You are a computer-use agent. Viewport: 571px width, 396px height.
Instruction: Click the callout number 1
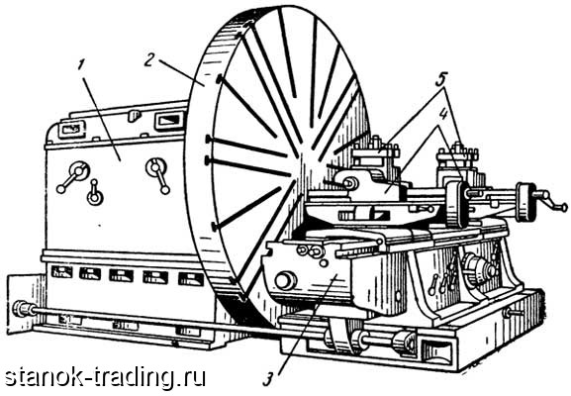81,65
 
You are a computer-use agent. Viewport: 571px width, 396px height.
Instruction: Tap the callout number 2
150,60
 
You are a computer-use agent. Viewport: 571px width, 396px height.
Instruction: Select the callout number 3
268,379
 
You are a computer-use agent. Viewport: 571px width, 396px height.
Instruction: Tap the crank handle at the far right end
550,202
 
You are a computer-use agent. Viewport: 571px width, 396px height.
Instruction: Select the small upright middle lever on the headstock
94,192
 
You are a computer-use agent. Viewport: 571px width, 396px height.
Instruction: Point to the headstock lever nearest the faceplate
159,175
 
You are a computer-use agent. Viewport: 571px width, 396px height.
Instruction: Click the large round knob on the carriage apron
285,281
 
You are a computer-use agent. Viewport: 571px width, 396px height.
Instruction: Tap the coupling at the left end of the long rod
24,310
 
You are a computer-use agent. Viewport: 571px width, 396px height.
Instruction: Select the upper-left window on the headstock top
71,130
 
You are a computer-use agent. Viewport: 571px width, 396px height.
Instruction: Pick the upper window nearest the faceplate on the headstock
167,121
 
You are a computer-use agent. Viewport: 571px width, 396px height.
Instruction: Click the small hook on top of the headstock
134,116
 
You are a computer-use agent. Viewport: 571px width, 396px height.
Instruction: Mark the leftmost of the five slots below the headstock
62,272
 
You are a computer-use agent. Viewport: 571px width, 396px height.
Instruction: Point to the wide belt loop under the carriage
341,336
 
